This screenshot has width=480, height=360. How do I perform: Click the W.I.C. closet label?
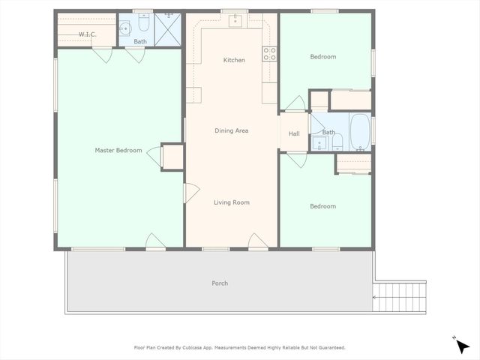pos(88,34)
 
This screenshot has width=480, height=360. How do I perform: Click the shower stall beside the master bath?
pos(168,28)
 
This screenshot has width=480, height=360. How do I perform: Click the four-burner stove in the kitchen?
pos(268,53)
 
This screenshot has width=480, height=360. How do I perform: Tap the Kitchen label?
pos(234,60)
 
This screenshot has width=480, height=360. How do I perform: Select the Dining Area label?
pos(231,131)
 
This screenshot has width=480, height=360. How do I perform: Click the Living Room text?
pos(231,202)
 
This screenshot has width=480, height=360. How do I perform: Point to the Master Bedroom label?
pos(118,151)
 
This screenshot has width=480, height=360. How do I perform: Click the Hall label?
pos(294,134)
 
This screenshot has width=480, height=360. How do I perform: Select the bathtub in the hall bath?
pos(360,132)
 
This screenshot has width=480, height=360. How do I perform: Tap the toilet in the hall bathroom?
pos(337,140)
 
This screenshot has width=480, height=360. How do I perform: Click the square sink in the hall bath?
pos(318,141)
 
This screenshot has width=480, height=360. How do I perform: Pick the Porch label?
pos(220,283)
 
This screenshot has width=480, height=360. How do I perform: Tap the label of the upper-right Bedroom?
pos(323,57)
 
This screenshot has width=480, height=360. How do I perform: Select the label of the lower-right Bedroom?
pos(323,206)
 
